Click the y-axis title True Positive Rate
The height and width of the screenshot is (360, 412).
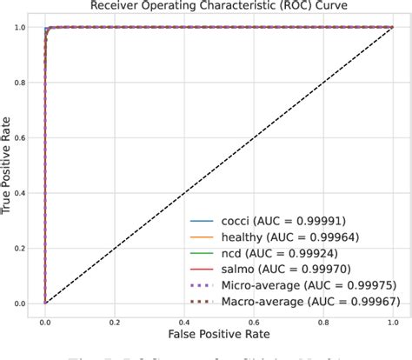pyautogui.click(x=10, y=165)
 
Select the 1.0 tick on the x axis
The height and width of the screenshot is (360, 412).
pyautogui.click(x=392, y=318)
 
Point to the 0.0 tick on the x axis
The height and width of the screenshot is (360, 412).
pyautogui.click(x=44, y=318)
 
